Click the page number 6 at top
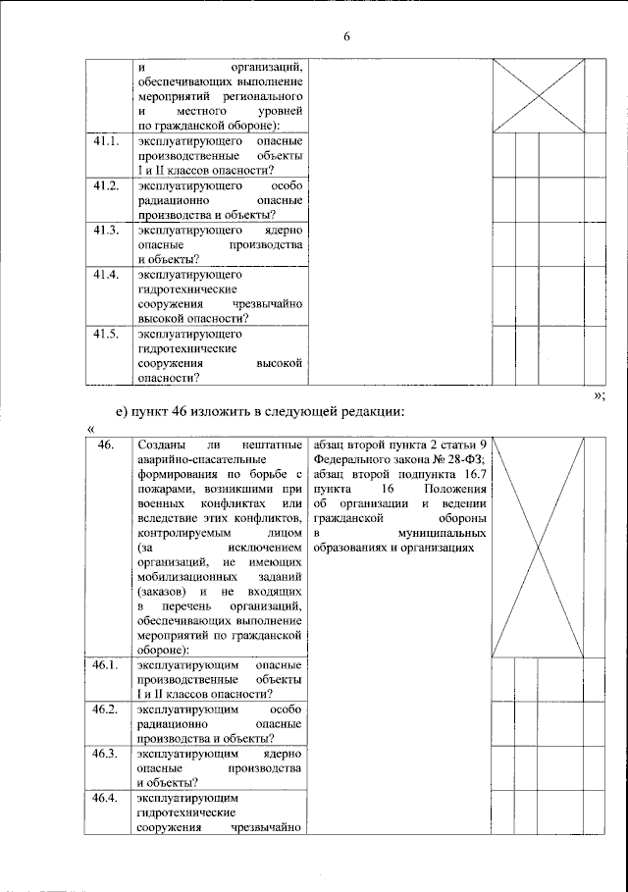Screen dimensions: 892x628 (346, 37)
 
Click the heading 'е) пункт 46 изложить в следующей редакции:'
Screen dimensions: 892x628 (260, 410)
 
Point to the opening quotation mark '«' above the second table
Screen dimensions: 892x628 (90, 428)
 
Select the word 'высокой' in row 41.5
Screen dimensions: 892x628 (278, 363)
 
